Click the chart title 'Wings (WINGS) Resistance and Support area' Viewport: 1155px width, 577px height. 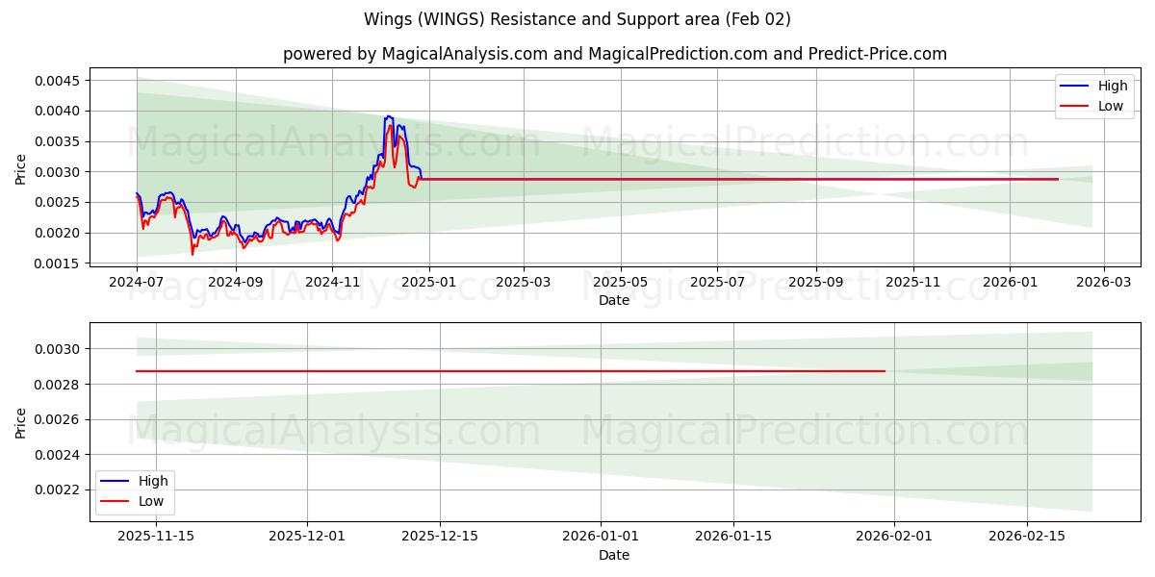(x=577, y=19)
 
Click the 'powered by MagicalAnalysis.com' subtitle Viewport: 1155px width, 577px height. (x=614, y=54)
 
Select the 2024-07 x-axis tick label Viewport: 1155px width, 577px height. (x=137, y=283)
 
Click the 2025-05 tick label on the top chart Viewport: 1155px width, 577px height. (x=620, y=283)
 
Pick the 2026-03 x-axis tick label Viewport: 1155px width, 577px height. (x=1103, y=283)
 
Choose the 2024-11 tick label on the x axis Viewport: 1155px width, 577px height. (x=332, y=283)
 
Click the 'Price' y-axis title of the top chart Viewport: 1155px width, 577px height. (x=21, y=169)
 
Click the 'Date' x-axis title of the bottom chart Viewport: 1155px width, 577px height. (x=614, y=555)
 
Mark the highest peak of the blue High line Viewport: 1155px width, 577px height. (x=388, y=116)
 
